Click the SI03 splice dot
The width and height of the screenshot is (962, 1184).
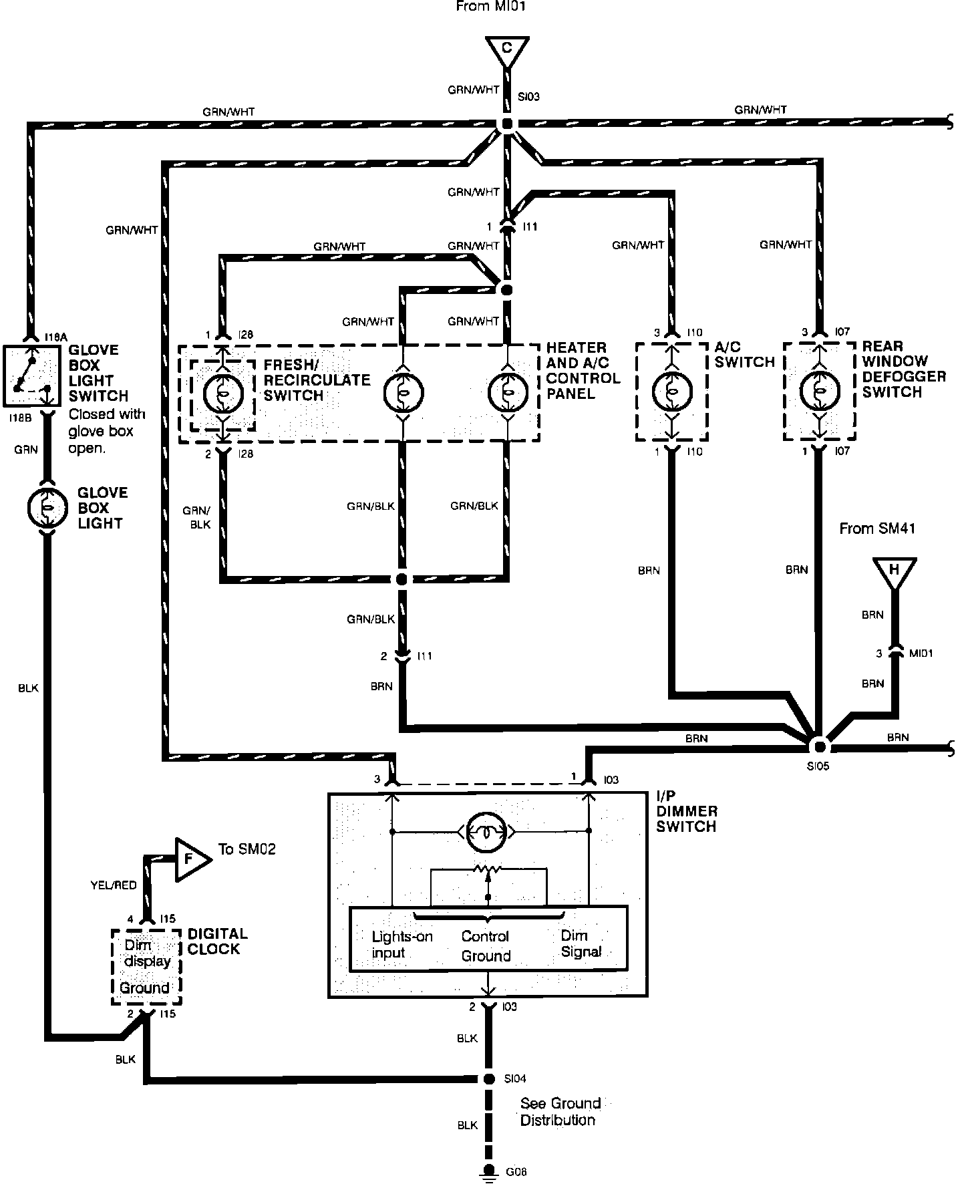[x=506, y=124]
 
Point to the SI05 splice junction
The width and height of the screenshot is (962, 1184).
[x=818, y=746]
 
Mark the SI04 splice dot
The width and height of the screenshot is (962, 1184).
[x=489, y=1079]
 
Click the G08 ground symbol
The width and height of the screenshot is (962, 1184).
[x=489, y=1171]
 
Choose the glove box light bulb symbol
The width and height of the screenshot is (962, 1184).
[x=47, y=508]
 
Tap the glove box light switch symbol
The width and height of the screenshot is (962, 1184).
[x=29, y=375]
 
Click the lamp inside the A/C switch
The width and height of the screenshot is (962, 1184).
[x=671, y=392]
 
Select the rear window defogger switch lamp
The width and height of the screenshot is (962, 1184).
[x=818, y=392]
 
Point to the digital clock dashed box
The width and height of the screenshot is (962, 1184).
[x=146, y=966]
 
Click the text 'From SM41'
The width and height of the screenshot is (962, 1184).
[x=877, y=529]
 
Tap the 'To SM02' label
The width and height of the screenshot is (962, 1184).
[x=247, y=849]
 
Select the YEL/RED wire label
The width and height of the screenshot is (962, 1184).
[x=114, y=885]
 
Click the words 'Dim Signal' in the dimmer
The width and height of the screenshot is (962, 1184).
[x=581, y=943]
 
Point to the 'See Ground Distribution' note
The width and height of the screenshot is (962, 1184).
[x=560, y=1111]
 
